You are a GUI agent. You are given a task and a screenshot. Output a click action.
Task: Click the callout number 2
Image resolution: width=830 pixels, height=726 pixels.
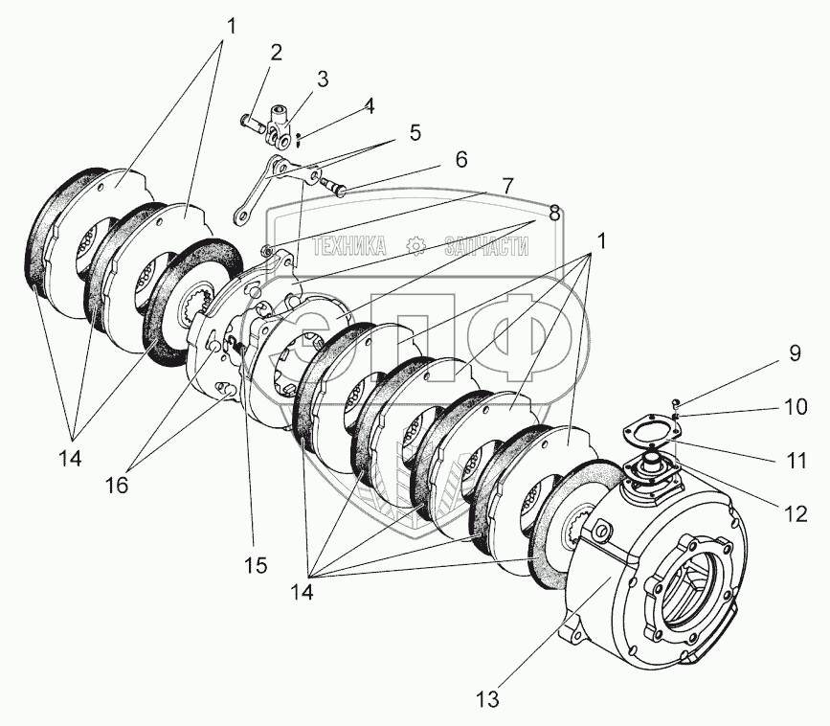click(276, 53)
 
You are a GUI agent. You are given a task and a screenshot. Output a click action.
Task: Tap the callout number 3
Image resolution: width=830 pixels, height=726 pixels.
click(323, 79)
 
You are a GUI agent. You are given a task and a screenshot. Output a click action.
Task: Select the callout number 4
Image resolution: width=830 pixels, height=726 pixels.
click(369, 106)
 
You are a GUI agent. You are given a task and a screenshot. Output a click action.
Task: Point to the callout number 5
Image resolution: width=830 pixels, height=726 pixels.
click(415, 132)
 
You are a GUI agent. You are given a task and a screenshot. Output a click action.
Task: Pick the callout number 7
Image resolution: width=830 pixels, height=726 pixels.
click(507, 186)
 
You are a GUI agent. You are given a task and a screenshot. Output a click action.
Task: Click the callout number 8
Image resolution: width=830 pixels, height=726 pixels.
click(554, 213)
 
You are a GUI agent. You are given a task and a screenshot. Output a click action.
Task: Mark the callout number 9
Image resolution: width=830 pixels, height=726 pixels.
click(796, 353)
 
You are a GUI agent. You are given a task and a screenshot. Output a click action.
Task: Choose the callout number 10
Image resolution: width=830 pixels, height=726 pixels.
click(796, 407)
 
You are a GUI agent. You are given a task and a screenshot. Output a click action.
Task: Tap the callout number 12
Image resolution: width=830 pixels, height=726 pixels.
click(796, 513)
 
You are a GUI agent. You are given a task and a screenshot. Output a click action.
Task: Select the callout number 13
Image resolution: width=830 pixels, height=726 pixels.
click(487, 699)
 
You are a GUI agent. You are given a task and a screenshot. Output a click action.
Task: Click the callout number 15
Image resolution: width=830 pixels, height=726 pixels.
click(256, 565)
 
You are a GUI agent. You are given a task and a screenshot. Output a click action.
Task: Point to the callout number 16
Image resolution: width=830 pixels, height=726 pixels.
click(117, 484)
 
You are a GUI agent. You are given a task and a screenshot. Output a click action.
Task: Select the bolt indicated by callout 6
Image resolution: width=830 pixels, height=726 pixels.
click(332, 187)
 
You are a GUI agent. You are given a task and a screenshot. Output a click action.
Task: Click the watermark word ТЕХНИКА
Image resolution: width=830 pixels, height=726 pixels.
click(349, 246)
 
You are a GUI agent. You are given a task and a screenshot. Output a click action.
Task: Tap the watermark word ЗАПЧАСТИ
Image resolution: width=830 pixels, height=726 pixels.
click(486, 246)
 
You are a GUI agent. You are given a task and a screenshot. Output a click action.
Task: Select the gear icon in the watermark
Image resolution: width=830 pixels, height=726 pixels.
click(416, 246)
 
